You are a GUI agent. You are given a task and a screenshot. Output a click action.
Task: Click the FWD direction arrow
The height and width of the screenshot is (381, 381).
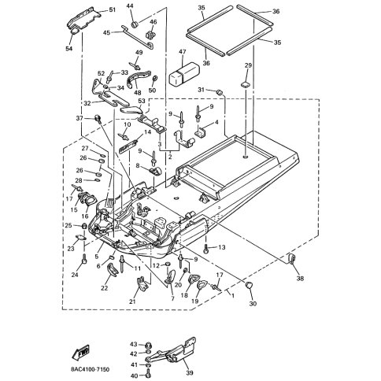80,352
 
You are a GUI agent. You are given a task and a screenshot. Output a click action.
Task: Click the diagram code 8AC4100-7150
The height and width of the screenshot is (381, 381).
90,369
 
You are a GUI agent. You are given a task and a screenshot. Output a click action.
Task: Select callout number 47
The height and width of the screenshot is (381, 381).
182,52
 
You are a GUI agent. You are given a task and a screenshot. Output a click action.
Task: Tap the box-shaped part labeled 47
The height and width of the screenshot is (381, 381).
184,74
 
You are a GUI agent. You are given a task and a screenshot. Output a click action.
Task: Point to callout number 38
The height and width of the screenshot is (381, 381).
300,278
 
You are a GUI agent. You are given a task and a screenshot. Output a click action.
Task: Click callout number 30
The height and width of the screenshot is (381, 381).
253,304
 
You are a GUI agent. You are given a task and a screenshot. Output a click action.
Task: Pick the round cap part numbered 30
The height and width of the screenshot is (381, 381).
249,285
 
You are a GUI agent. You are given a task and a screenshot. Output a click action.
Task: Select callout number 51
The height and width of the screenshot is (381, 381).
113,10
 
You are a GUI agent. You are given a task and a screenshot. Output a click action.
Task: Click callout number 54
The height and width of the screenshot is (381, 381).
69,48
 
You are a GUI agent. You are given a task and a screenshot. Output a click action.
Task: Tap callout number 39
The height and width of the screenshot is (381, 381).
190,372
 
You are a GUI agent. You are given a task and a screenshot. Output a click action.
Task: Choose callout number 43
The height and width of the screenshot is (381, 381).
134,344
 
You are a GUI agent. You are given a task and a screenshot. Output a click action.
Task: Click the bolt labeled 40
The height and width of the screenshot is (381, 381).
149,372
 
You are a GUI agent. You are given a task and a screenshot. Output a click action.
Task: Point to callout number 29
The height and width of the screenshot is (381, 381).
248,65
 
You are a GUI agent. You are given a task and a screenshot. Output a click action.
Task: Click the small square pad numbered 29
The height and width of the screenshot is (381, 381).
246,84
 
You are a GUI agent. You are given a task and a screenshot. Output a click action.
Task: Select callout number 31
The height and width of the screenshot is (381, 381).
201,90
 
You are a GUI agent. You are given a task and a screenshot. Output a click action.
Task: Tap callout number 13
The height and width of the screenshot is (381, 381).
222,247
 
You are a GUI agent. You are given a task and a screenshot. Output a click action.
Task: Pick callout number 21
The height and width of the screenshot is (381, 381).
132,301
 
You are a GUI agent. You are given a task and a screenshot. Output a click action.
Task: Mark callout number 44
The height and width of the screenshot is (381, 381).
130,6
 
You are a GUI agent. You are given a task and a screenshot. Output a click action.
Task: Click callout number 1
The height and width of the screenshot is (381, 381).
233,295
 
